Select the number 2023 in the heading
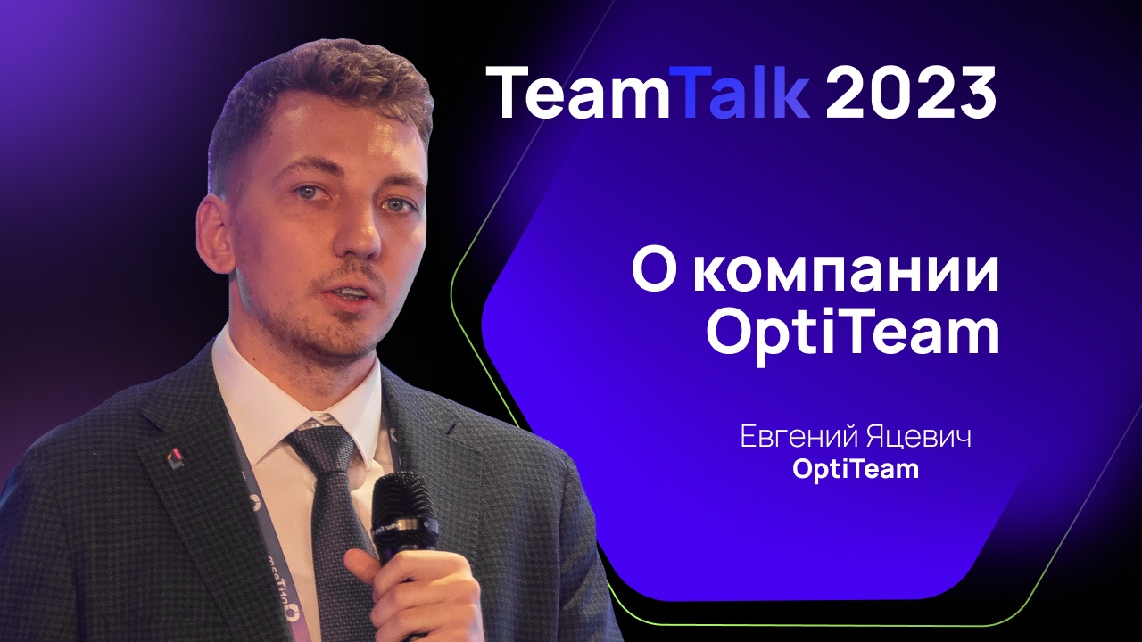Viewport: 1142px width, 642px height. pos(910,93)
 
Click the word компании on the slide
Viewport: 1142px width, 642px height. pos(847,272)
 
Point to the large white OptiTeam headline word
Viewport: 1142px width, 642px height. pos(852,333)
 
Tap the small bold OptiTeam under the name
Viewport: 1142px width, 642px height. pos(856,469)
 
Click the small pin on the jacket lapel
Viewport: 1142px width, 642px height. pos(176,458)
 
